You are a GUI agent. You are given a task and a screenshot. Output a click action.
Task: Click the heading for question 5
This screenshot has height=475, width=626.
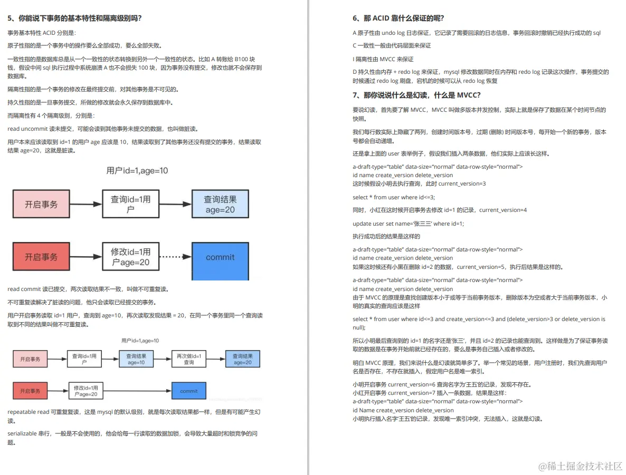pyautogui.click(x=74, y=18)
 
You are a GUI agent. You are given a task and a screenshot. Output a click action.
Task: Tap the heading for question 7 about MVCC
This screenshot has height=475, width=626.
pyautogui.click(x=416, y=95)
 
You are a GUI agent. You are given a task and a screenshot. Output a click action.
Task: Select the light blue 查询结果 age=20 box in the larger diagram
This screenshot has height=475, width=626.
pyautogui.click(x=220, y=204)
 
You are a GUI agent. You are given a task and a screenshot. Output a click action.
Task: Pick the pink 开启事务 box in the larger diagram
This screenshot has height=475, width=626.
pyautogui.click(x=41, y=204)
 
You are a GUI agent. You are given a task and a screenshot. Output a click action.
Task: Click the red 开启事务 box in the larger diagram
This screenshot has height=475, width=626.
pyautogui.click(x=41, y=257)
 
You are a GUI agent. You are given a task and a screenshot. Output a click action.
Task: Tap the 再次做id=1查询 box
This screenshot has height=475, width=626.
pyautogui.click(x=189, y=359)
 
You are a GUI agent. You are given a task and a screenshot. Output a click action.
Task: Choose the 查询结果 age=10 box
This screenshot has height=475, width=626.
pyautogui.click(x=137, y=359)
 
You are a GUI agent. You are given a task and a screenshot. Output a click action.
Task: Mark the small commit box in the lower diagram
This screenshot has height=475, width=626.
pyautogui.click(x=189, y=391)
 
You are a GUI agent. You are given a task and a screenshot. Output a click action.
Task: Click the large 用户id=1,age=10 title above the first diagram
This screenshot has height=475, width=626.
pyautogui.click(x=137, y=170)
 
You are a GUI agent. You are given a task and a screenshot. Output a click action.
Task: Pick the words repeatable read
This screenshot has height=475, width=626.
pyautogui.click(x=29, y=411)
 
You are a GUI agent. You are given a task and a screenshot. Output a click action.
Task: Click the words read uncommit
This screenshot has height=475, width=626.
pyautogui.click(x=27, y=129)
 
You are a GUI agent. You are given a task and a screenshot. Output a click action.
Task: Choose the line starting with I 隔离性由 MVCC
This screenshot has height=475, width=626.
pyautogui.click(x=383, y=59)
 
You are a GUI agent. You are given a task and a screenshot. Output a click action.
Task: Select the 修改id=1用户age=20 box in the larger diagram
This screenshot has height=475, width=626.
pyautogui.click(x=130, y=257)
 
